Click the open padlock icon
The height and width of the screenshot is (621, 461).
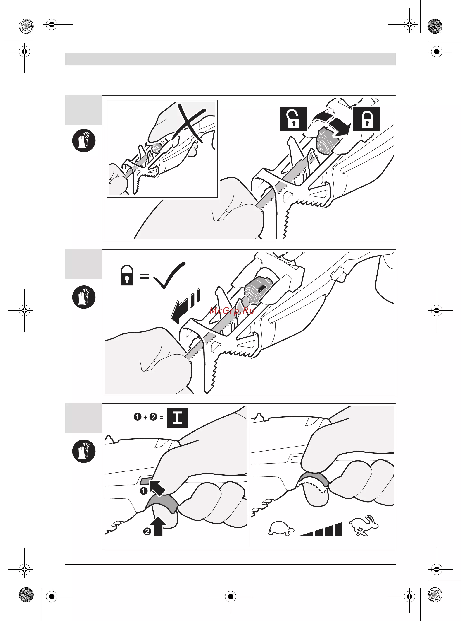[293, 119]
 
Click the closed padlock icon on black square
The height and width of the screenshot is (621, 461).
[367, 119]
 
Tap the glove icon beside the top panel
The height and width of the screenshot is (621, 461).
[84, 140]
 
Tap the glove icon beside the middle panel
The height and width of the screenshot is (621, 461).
[84, 297]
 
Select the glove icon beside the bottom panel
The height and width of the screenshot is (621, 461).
[84, 451]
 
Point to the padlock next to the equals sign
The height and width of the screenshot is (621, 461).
[127, 275]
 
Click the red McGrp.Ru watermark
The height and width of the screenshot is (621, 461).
[232, 310]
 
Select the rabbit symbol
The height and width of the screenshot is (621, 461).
[364, 525]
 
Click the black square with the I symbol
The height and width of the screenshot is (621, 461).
[177, 418]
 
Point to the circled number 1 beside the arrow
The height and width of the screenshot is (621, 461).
[143, 491]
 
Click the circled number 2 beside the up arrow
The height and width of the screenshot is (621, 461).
[147, 532]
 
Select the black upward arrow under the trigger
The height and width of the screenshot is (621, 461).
[158, 526]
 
